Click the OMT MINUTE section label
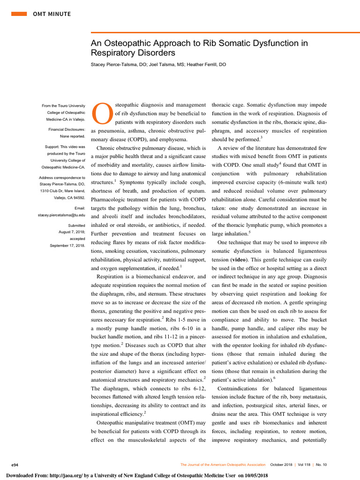point(52,14)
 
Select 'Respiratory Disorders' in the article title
point(133,53)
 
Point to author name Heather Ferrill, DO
point(206,65)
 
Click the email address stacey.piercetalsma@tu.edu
point(61,215)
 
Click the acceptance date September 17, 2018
point(67,245)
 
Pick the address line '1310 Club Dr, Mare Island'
point(61,191)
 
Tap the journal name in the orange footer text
point(223,465)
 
